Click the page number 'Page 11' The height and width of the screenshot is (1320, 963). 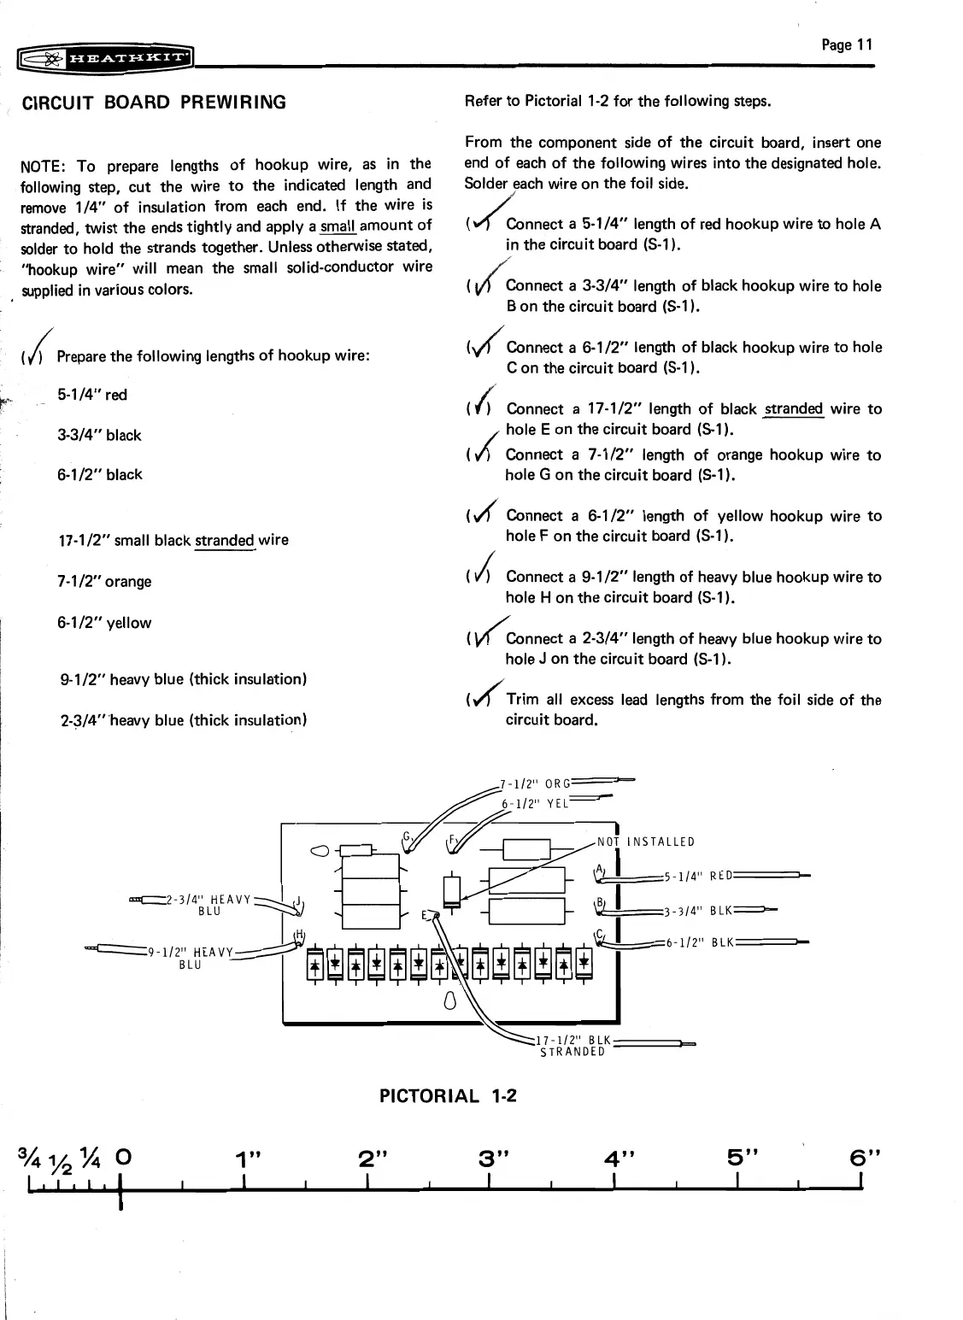[x=847, y=45]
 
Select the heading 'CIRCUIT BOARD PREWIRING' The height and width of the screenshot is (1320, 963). [x=154, y=103]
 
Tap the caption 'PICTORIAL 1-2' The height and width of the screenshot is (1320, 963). [x=449, y=1095]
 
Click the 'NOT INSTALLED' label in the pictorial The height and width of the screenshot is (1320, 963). [x=646, y=842]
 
